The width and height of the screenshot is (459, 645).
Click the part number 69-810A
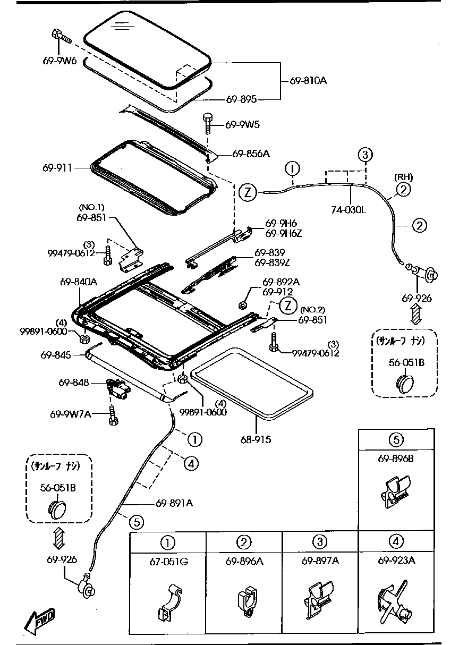[308, 81]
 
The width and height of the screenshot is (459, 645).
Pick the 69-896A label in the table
[244, 561]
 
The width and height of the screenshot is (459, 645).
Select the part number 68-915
[256, 439]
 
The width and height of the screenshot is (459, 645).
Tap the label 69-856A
[251, 154]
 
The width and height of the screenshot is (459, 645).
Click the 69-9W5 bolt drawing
[208, 123]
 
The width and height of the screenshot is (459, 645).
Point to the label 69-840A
[78, 282]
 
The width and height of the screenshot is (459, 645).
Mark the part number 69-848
[73, 382]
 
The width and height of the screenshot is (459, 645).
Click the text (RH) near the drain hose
[403, 177]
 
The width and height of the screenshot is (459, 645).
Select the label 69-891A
[174, 503]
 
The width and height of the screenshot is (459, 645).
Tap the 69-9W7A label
[71, 414]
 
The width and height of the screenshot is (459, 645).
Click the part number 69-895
[241, 99]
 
